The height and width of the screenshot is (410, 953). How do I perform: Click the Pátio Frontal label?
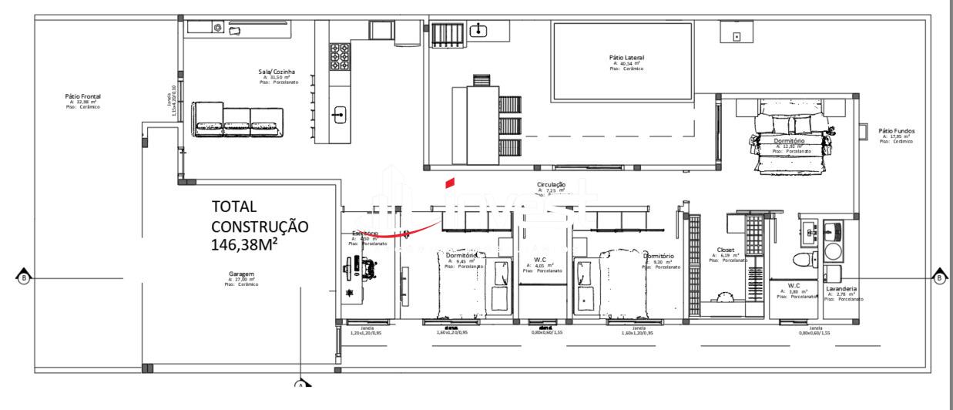coord(83,96)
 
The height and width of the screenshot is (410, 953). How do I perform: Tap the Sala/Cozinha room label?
coord(276,72)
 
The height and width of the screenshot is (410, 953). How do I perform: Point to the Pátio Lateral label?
coord(626,58)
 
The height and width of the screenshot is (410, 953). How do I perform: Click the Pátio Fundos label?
coord(897,131)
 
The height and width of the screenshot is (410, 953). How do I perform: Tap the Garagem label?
coord(241,274)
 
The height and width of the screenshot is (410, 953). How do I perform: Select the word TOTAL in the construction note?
coord(234,207)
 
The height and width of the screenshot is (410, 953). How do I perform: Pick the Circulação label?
coord(552,185)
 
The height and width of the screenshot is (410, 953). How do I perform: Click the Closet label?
coord(726,250)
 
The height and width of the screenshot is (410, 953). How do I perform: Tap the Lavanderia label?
coord(841,289)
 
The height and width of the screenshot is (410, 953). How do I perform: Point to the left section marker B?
coord(23,277)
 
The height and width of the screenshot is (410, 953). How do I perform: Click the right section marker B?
coord(939,277)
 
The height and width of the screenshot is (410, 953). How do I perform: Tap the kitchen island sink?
coord(337,116)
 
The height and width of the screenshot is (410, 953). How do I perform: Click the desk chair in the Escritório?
coord(373,267)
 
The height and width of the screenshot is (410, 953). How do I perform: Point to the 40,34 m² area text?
coord(626,64)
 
